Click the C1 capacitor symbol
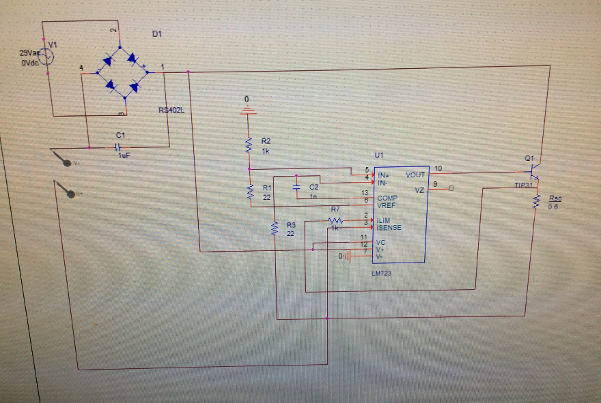pos(117,147)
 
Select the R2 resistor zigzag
pos(249,145)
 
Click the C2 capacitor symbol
pos(297,186)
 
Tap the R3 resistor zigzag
pos(274,230)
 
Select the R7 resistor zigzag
pos(335,220)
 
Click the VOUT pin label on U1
pos(415,175)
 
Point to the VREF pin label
pos(387,204)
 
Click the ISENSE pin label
pos(389,228)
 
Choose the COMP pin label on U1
pos(387,198)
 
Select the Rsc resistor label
pos(554,198)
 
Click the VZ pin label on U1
pos(419,190)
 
